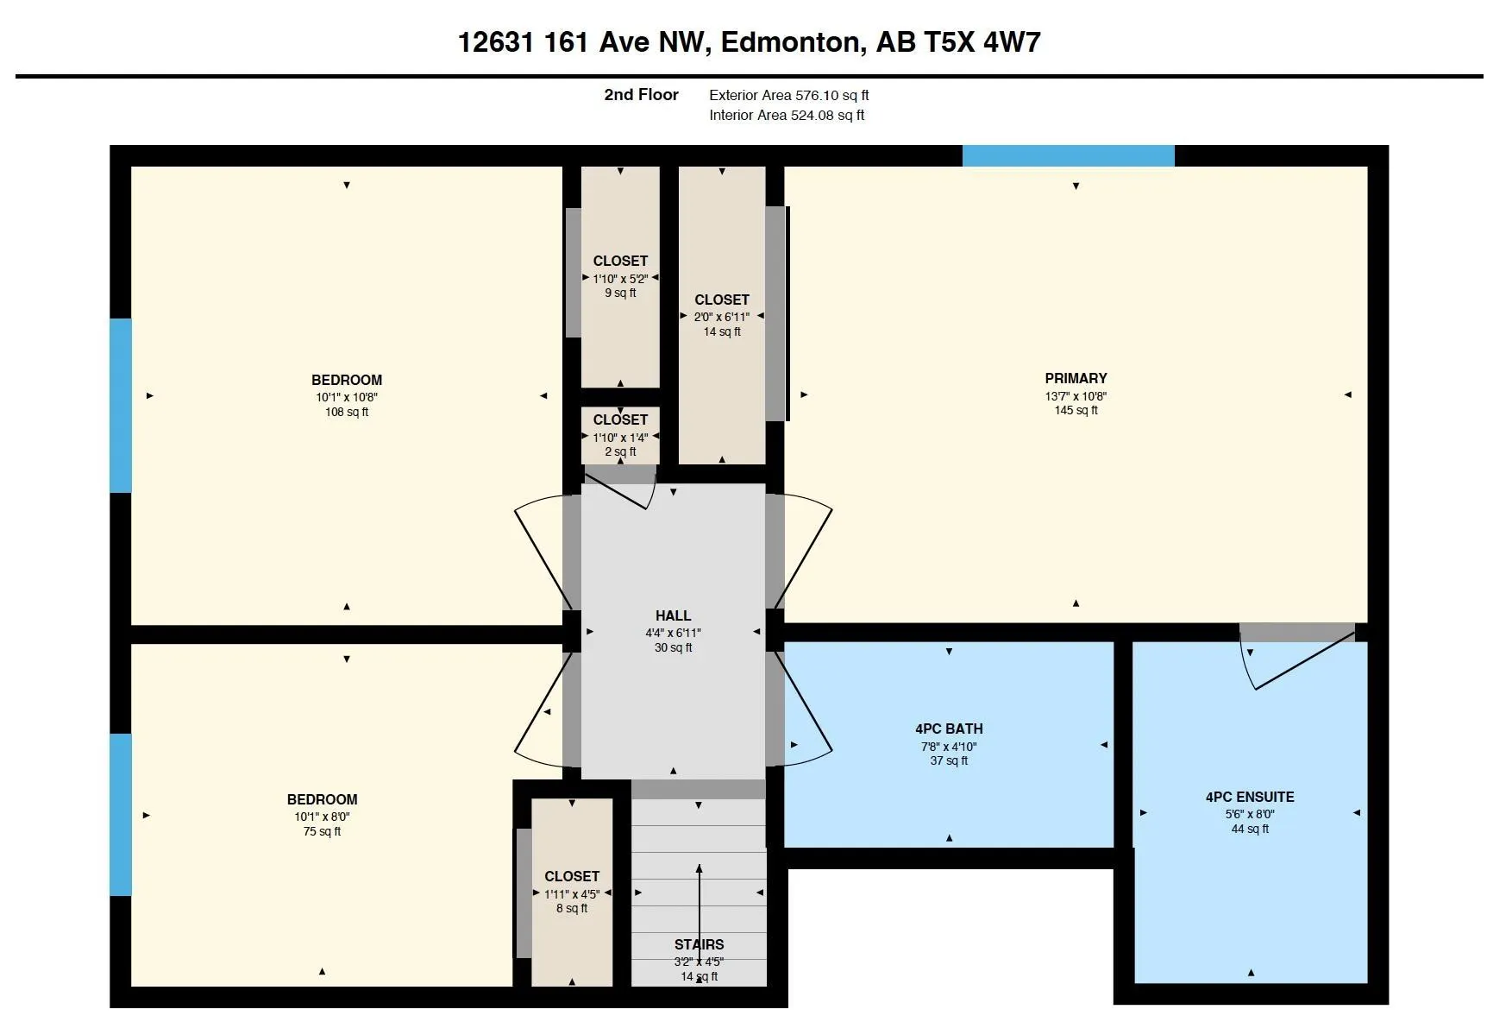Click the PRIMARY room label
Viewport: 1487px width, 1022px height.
[x=1076, y=378]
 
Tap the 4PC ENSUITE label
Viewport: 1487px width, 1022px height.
[x=1249, y=797]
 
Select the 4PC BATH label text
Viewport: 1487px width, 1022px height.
[x=949, y=729]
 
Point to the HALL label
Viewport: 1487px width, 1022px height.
[x=673, y=615]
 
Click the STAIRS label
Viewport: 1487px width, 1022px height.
[x=699, y=944]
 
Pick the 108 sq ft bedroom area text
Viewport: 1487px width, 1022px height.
[x=347, y=412]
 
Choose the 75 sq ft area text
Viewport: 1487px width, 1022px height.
[x=322, y=831]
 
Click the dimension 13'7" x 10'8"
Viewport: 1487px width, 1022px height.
[x=1076, y=396]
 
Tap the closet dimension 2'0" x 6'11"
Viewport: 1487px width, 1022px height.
[x=722, y=317]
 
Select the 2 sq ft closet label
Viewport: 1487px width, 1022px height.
[x=620, y=451]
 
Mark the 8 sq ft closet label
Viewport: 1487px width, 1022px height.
[x=572, y=908]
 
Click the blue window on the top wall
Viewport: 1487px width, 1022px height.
[x=1068, y=156]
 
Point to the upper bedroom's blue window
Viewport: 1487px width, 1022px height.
[x=121, y=406]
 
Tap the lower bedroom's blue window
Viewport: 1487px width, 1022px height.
[x=121, y=815]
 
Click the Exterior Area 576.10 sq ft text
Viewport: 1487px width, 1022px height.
[x=788, y=95]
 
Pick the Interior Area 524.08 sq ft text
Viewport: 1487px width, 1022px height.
[x=787, y=115]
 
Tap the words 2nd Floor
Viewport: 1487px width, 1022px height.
[x=641, y=95]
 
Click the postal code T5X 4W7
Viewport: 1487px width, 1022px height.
[x=983, y=42]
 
